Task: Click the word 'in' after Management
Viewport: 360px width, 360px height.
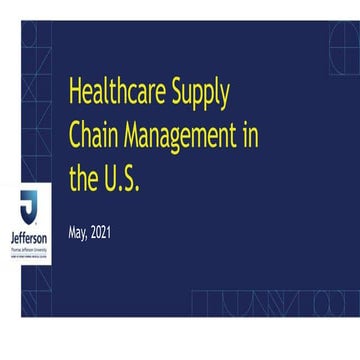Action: [250, 136]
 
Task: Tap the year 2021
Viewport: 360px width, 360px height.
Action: [101, 233]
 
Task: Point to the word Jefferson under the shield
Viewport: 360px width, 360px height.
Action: [28, 240]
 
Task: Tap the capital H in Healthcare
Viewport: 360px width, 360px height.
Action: [74, 92]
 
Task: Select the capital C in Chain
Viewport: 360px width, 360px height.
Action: [74, 137]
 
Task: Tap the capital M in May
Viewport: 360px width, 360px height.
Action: [72, 233]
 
